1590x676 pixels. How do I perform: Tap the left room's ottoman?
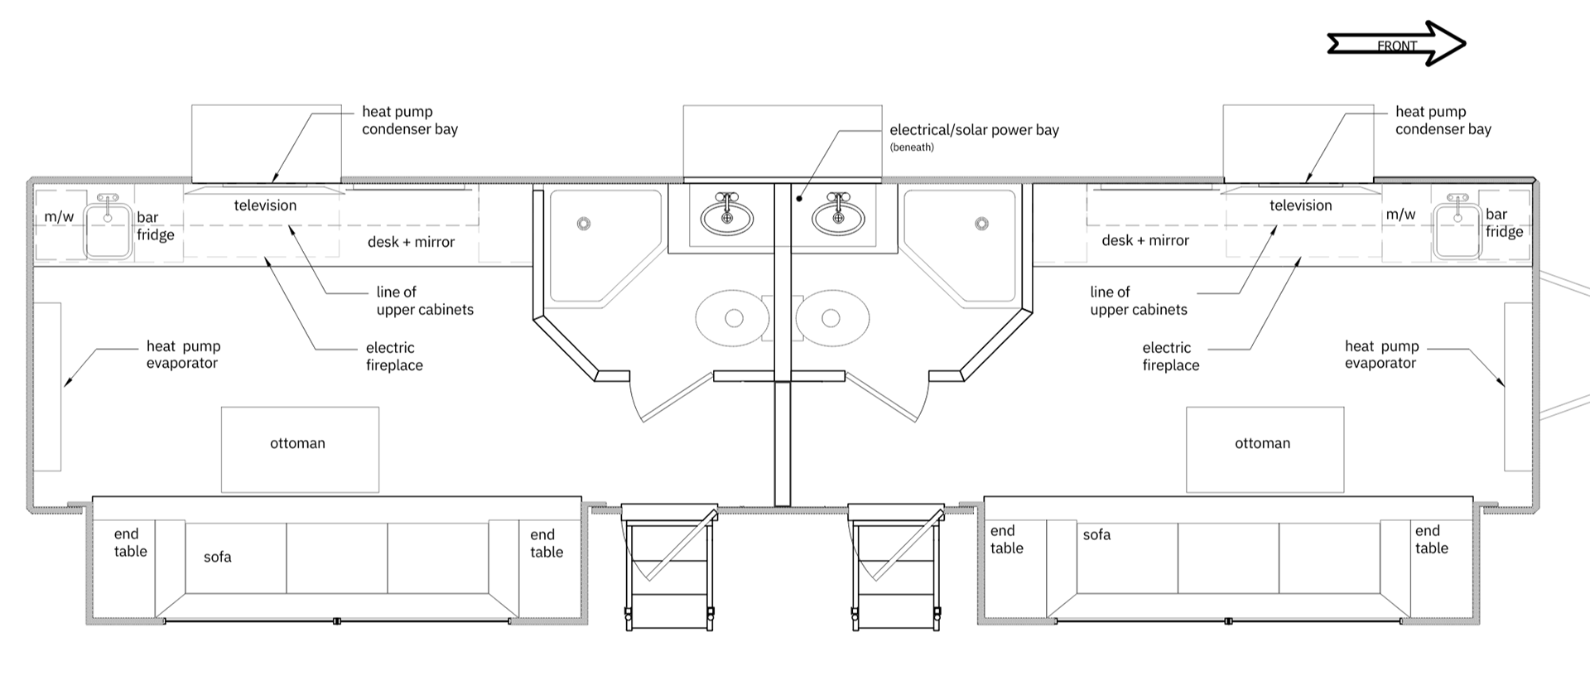tap(300, 450)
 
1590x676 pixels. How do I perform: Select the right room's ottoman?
tap(1265, 450)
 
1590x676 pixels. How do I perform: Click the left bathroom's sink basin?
tap(727, 218)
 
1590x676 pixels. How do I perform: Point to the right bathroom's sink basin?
tap(838, 218)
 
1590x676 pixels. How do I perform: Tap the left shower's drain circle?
tap(584, 224)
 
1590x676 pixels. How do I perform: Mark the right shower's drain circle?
tap(981, 224)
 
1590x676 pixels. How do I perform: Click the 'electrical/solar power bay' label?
tap(974, 130)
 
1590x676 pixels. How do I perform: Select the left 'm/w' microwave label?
tap(59, 217)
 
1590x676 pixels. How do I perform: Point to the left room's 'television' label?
tap(265, 205)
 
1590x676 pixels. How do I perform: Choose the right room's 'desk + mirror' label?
tap(1145, 241)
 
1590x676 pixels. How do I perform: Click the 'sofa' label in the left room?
tap(218, 557)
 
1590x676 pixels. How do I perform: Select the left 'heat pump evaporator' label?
tap(183, 355)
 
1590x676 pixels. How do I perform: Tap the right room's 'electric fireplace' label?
tap(1170, 356)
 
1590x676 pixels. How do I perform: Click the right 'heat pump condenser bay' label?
tap(1443, 120)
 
